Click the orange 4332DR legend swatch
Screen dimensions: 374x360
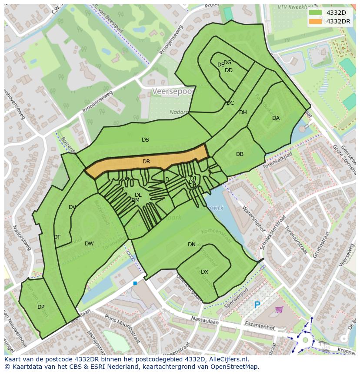pos(316,21)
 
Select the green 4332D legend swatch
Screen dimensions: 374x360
pos(316,13)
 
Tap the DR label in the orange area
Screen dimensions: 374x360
pos(146,162)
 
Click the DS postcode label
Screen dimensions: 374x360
pos(145,140)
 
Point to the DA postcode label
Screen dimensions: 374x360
pos(276,118)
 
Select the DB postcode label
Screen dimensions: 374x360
pos(240,154)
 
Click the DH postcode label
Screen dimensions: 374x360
pos(243,113)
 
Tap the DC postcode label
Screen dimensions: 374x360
pos(230,103)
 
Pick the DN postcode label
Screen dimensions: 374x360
pos(191,245)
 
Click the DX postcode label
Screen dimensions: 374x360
pos(204,272)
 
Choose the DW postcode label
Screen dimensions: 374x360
pos(89,244)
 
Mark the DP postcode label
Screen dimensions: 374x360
pos(41,307)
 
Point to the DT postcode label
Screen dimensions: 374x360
pos(57,237)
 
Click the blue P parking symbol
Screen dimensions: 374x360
pos(257,305)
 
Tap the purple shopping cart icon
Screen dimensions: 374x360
pos(279,309)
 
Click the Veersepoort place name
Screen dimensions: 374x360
pos(174,92)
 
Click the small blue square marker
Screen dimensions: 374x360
pos(135,283)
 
